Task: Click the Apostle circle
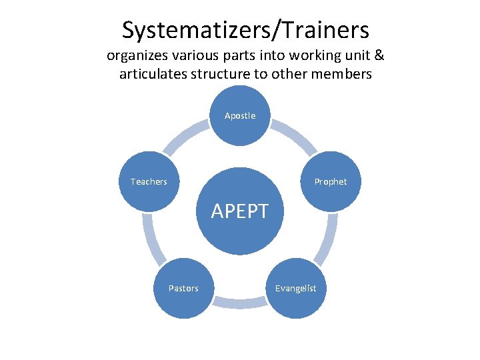pyautogui.click(x=240, y=116)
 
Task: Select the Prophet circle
pyautogui.click(x=331, y=181)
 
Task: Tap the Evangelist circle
pyautogui.click(x=296, y=288)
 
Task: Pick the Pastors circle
pyautogui.click(x=183, y=288)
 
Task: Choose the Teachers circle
pyautogui.click(x=149, y=181)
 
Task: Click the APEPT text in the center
pyautogui.click(x=240, y=211)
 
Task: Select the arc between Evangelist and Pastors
pyautogui.click(x=239, y=303)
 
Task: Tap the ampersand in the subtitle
pyautogui.click(x=378, y=55)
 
